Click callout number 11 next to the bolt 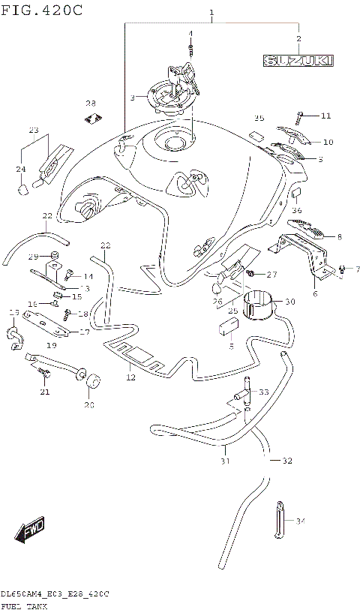tap(325, 116)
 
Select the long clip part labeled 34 tap(280, 517)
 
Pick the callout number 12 tap(130, 378)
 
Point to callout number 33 tap(263, 392)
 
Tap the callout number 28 tap(91, 104)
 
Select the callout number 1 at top tap(212, 13)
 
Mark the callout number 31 tap(225, 461)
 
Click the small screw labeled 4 tap(190, 50)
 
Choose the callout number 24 tap(20, 169)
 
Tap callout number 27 tap(271, 274)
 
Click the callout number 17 tap(84, 332)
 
